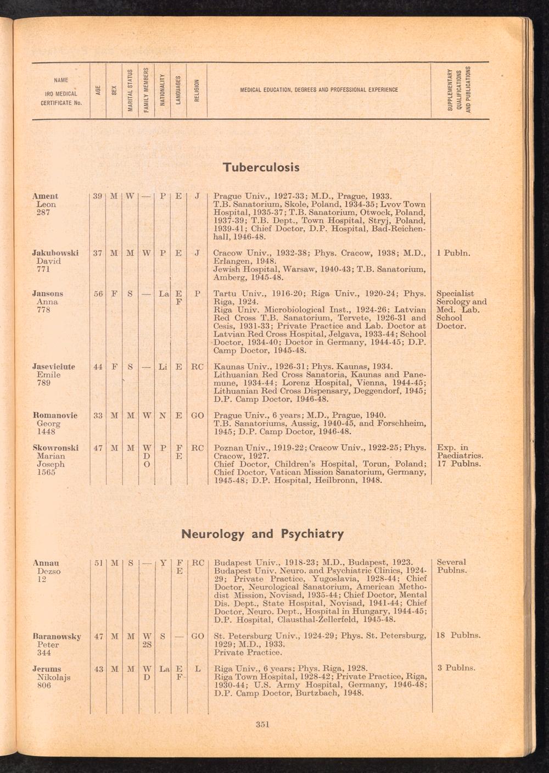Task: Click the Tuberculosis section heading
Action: coord(261,167)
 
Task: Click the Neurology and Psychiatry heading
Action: coord(262,533)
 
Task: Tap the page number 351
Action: coord(262,724)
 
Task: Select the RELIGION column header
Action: coord(197,90)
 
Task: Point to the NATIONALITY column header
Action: coord(163,90)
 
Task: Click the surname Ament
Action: coord(45,196)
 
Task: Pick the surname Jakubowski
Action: coord(55,253)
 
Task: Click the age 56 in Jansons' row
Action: coord(98,294)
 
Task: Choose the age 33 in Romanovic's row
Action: coord(98,415)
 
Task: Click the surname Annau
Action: coord(46,563)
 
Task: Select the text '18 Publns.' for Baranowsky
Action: coord(458,636)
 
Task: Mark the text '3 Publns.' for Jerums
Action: coord(456,669)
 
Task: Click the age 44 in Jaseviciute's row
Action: coord(98,366)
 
